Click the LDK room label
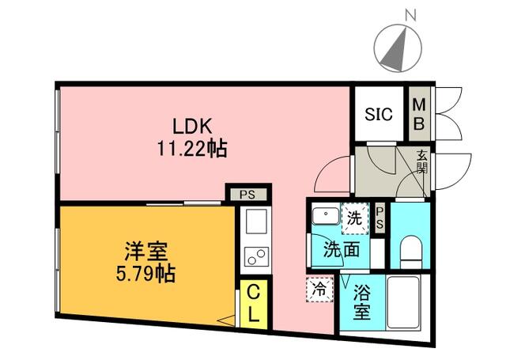point(192,127)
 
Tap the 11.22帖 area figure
point(192,149)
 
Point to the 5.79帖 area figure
point(145,274)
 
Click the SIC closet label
point(379,114)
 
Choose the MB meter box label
point(419,114)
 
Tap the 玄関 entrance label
point(421,162)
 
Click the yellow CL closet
point(254,305)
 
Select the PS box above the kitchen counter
point(247,195)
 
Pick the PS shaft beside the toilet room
point(379,218)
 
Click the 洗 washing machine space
point(355,218)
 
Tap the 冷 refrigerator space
point(319,290)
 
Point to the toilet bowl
point(410,251)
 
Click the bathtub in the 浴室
point(403,302)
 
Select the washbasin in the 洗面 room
point(326,216)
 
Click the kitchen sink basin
point(256,221)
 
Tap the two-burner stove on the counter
point(256,256)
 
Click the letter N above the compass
point(410,15)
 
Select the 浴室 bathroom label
point(362,302)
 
